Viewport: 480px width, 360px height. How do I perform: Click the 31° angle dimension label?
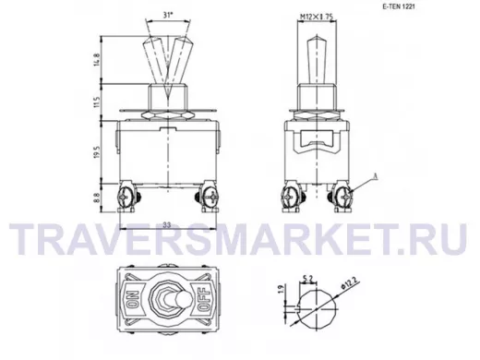[x=167, y=16]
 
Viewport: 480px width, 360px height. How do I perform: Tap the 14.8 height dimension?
[x=97, y=60]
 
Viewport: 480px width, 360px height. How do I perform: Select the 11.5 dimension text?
[x=97, y=102]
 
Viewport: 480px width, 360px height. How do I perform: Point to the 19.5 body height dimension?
[x=98, y=152]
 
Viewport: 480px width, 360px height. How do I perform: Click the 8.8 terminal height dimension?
[x=97, y=197]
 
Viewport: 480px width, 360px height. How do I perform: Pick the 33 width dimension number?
[x=167, y=225]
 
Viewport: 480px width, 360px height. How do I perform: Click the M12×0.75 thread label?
[x=317, y=18]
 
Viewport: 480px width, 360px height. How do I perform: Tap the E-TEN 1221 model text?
[x=399, y=6]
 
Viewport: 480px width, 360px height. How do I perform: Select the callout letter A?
[x=375, y=176]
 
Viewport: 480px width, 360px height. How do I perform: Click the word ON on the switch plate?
[x=134, y=298]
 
